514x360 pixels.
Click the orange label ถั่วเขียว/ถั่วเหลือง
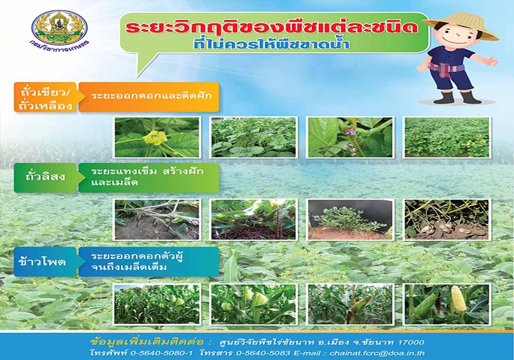[45, 97]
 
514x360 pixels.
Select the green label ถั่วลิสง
[45, 177]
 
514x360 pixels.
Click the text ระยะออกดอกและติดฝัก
[152, 96]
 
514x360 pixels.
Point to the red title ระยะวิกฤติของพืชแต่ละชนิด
[272, 27]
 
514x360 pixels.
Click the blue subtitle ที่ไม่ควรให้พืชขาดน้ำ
[271, 43]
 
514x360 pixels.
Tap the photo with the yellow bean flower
[157, 137]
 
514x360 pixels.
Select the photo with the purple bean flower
[350, 137]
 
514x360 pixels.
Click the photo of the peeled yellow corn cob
[447, 304]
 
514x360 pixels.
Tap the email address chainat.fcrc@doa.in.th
[377, 353]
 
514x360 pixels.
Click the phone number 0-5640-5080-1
[161, 353]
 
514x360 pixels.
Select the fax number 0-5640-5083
[263, 353]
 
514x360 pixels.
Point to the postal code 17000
[411, 343]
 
